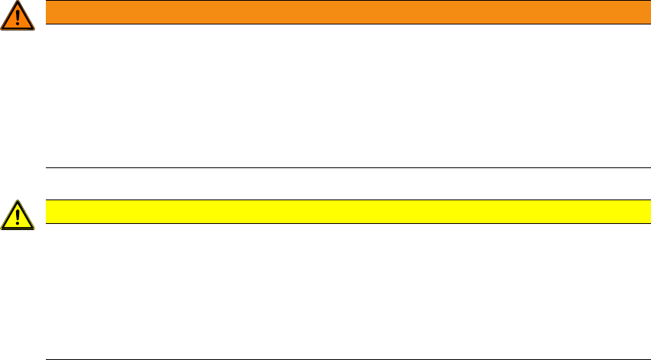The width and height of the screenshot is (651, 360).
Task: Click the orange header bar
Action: click(x=343, y=12)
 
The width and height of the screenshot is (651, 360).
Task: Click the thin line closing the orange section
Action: click(x=343, y=167)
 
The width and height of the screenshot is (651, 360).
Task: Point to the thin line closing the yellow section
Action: click(x=343, y=359)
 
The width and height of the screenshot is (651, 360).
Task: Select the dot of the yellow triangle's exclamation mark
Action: click(x=18, y=224)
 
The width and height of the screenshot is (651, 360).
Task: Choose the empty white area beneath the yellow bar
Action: click(x=343, y=290)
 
